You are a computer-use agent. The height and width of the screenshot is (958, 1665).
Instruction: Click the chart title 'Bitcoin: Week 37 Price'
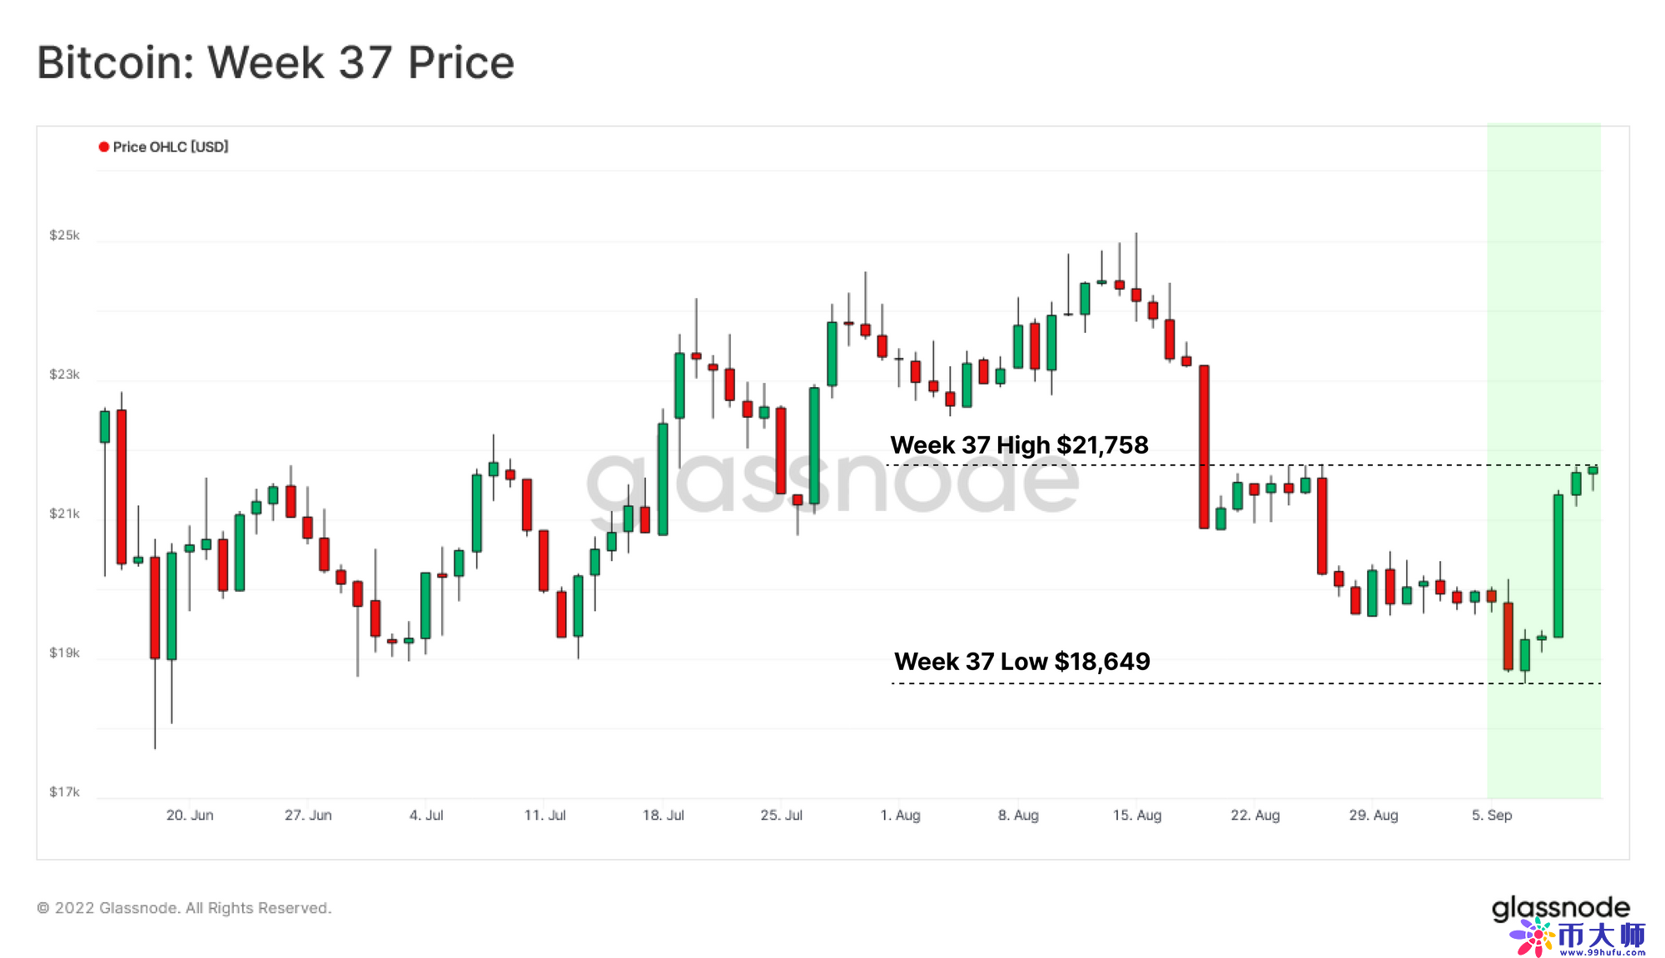(x=276, y=62)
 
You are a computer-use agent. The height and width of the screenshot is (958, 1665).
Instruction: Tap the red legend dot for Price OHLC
(x=104, y=147)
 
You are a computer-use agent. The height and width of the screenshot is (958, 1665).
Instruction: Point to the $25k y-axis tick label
(x=64, y=236)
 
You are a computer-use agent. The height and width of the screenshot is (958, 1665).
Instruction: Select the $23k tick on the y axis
(x=64, y=375)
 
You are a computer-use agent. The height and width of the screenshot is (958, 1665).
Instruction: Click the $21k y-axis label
(x=64, y=514)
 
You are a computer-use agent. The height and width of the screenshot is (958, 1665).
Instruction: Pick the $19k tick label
(x=64, y=653)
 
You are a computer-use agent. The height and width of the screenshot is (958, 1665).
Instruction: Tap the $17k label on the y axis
(x=64, y=792)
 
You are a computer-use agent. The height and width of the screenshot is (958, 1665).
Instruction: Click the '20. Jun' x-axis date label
(x=190, y=815)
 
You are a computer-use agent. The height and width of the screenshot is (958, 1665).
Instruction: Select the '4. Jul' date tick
(x=426, y=815)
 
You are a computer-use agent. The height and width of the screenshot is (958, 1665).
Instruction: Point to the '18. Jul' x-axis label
(x=663, y=815)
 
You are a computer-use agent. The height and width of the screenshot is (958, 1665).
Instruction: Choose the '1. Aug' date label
(x=900, y=815)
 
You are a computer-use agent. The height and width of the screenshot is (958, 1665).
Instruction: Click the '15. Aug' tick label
(x=1136, y=815)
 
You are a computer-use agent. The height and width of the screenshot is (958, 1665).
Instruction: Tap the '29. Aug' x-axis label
(x=1374, y=815)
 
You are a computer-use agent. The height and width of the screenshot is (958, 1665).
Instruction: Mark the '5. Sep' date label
(x=1491, y=815)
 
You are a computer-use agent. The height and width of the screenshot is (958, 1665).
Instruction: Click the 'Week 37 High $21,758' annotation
(x=1019, y=445)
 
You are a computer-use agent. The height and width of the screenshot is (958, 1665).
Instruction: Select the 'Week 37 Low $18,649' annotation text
(x=1021, y=662)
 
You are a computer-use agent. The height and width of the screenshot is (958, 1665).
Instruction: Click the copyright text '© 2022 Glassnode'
(x=184, y=908)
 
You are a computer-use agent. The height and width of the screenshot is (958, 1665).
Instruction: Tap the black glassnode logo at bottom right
(x=1560, y=907)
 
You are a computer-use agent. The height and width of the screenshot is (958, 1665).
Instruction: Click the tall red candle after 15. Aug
(x=1204, y=446)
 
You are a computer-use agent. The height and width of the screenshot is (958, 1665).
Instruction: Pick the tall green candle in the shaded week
(x=1558, y=566)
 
